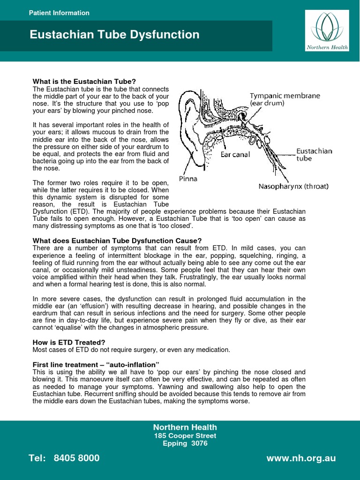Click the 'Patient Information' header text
coord(59,13)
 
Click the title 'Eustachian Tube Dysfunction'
coord(114,35)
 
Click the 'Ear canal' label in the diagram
coord(236,154)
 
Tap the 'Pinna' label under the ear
coord(188,179)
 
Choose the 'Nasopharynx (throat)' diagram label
coord(293,186)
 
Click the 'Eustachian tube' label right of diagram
coord(314,155)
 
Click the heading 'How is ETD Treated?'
coord(68,343)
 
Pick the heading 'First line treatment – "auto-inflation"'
coord(96,364)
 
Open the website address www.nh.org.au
coord(301,458)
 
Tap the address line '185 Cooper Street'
coord(185,435)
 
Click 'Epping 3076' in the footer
coord(185,443)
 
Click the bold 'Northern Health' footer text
coord(185,427)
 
